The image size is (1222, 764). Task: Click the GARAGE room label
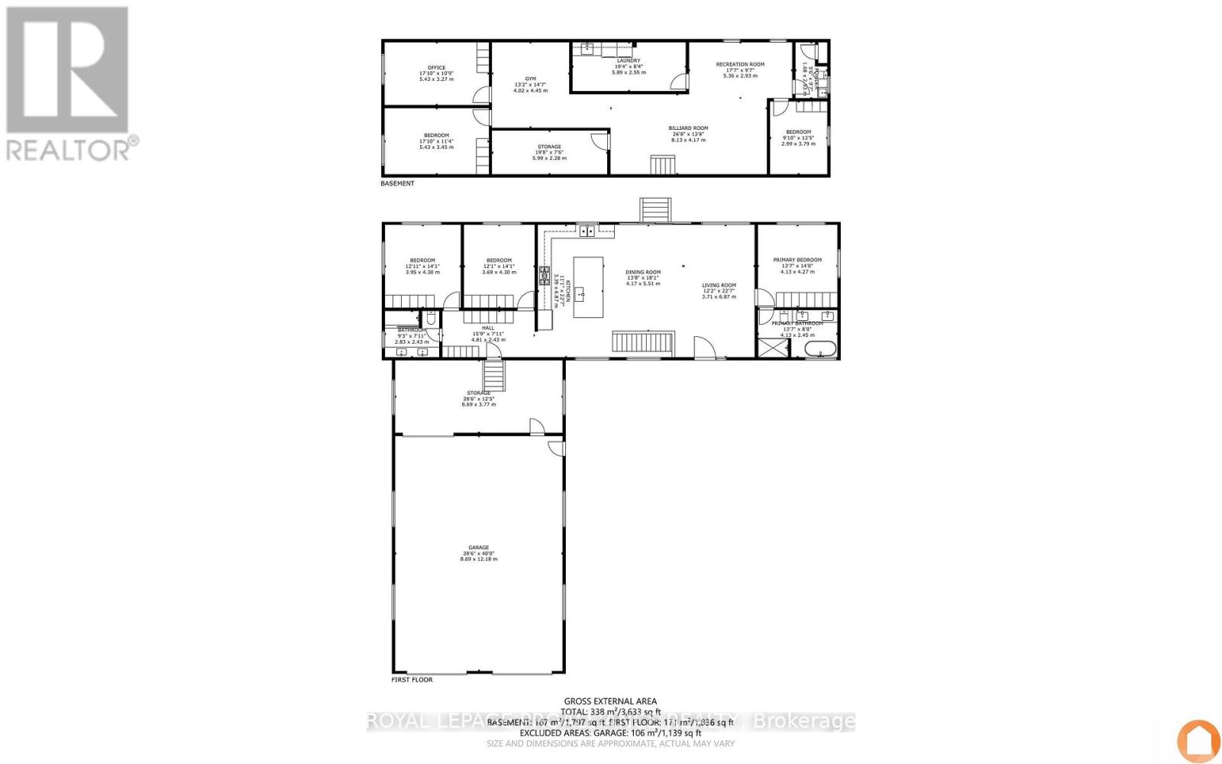478,547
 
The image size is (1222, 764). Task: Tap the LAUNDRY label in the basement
629,60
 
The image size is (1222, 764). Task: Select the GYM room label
530,79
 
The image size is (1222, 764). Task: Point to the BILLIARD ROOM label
688,128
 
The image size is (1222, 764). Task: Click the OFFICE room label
436,68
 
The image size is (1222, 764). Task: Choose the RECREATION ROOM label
739,65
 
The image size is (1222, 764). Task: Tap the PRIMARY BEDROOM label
797,260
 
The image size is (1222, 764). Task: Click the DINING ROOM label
642,272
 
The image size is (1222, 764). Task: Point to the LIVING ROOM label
719,286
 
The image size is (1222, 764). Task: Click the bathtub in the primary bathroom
820,351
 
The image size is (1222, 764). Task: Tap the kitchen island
588,288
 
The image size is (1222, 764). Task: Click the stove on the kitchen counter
545,276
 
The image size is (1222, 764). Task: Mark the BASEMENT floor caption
397,183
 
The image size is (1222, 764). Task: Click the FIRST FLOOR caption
411,679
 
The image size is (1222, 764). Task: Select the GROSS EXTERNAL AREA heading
610,701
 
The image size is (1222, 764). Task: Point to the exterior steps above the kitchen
655,209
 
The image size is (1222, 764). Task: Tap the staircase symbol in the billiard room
662,166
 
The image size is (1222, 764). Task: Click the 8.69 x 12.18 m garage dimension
478,558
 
